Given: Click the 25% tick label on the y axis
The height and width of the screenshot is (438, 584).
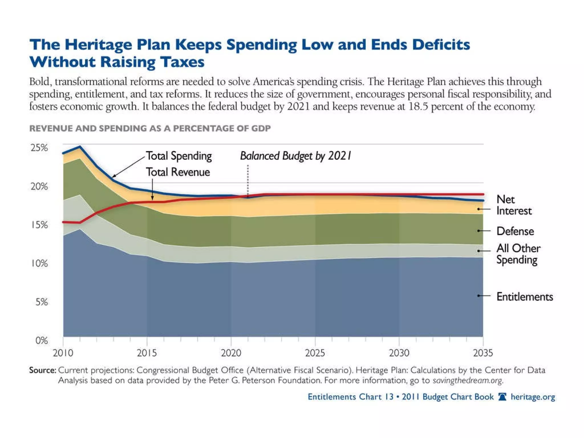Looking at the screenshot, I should point(39,148).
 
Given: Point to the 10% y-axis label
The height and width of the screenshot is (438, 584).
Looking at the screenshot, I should point(39,263).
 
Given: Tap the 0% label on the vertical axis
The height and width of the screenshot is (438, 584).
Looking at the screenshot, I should point(42,340).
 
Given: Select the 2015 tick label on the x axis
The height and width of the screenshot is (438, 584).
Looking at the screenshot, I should point(147,353).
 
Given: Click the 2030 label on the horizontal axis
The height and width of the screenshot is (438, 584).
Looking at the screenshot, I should point(399,353).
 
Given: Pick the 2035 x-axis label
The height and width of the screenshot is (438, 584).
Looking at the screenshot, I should point(483,353).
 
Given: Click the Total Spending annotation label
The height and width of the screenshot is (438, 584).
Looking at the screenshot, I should point(179,156).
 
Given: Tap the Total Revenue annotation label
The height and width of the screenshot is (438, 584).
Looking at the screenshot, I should point(178,172).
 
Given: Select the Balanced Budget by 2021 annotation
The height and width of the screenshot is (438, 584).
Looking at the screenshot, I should point(295,156).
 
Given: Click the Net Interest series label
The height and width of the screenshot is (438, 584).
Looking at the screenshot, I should point(514,205).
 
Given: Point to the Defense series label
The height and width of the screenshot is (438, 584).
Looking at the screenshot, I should point(515,231).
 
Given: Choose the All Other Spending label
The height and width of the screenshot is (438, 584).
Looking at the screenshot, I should point(518,254).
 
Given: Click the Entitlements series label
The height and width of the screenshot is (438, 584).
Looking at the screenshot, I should point(524,297).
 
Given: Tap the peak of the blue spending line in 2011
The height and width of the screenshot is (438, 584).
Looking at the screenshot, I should point(80,147).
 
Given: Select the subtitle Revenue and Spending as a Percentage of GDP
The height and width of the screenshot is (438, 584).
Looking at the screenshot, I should point(150,128).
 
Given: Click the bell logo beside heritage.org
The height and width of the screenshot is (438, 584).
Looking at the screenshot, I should point(502,397).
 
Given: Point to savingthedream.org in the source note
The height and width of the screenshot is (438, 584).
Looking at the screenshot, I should point(467,380).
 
